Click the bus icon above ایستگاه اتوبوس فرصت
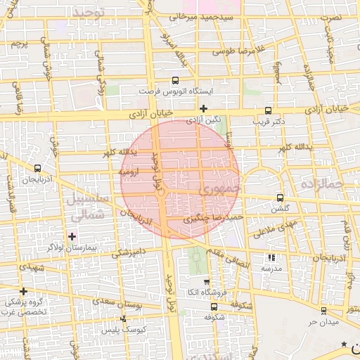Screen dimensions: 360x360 tap(175, 81)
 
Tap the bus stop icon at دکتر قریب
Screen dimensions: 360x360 tap(268, 110)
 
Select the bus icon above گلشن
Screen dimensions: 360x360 tap(281, 198)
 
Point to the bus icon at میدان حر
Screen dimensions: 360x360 tap(323, 310)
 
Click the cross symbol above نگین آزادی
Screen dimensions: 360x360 tap(204, 108)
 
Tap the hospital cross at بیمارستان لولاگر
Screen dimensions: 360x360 tap(72, 236)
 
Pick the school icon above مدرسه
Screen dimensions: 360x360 tap(272, 257)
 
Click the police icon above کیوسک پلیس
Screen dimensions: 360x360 tap(124, 319)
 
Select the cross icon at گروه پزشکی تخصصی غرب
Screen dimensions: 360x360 tap(23, 291)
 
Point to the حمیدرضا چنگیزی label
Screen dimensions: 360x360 tap(213, 219)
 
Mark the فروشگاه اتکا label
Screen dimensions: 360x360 tap(203, 292)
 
